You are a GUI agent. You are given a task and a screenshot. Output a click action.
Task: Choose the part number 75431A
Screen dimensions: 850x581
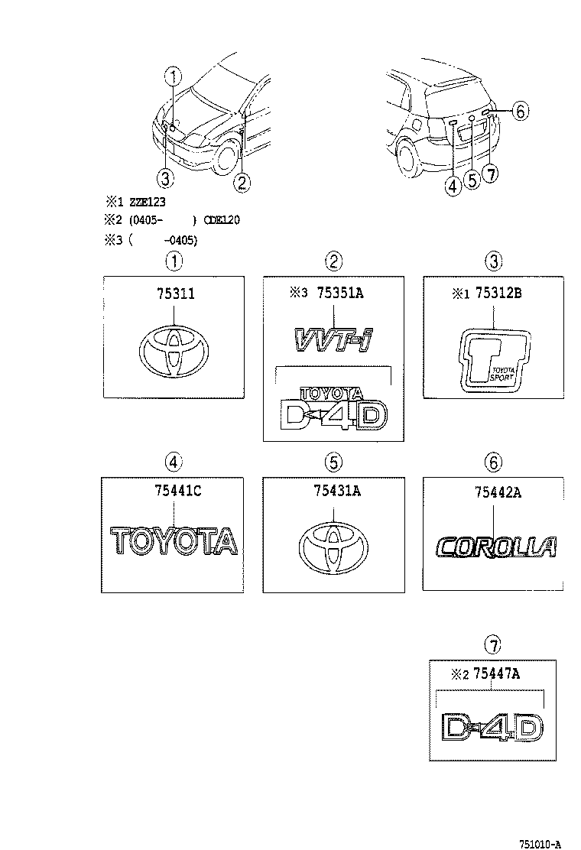point(334,492)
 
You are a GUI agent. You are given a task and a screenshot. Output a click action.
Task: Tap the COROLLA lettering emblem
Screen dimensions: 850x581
point(495,547)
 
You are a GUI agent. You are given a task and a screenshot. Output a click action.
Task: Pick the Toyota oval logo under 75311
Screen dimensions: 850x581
point(174,354)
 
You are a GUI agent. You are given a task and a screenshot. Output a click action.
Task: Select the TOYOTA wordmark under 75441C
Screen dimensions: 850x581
point(174,541)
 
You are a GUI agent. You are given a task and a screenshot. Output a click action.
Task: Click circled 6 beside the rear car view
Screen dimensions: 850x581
point(519,112)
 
